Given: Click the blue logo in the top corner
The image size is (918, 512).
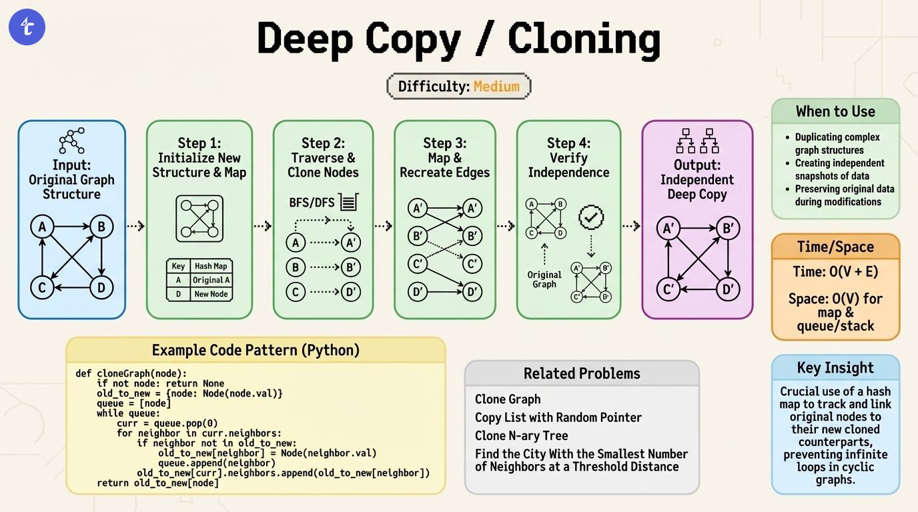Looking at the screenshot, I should [x=27, y=27].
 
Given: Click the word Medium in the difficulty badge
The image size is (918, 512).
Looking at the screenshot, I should [x=496, y=87].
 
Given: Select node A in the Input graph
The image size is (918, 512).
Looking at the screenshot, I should [x=42, y=227].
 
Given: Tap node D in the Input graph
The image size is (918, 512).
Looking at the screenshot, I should [x=101, y=288].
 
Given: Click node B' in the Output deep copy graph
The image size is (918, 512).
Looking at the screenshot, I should [x=728, y=229].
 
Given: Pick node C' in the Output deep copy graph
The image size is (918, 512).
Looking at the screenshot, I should [x=667, y=290].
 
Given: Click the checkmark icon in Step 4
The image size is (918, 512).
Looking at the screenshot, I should [x=591, y=216].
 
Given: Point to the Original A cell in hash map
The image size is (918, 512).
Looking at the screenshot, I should [x=211, y=280].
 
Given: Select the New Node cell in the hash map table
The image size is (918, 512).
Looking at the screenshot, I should [x=211, y=293].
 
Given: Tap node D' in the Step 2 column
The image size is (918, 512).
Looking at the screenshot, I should [x=351, y=291].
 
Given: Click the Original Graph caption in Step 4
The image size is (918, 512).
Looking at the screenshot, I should [x=544, y=279].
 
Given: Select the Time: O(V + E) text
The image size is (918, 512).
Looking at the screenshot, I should [x=835, y=272].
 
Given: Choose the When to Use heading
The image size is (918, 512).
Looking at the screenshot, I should [x=835, y=111].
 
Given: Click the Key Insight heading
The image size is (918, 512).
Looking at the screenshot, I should [x=835, y=368].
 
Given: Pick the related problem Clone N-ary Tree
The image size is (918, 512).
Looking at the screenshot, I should [x=521, y=435].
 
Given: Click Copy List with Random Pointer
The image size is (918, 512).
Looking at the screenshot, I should [x=558, y=417].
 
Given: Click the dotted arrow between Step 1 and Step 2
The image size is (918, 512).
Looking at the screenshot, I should [x=263, y=226].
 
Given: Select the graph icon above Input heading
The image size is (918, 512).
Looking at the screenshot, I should [x=71, y=141].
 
